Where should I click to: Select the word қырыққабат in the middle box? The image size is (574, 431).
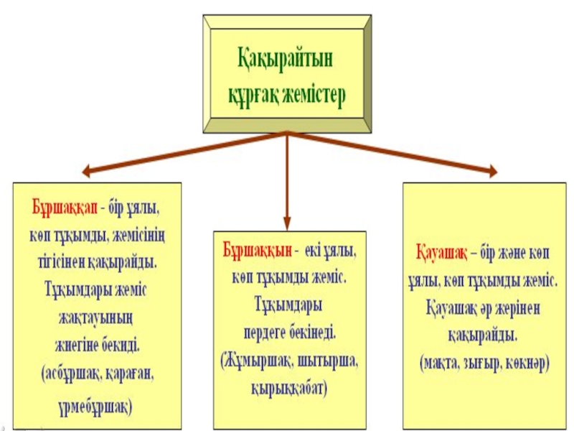point(288,389)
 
